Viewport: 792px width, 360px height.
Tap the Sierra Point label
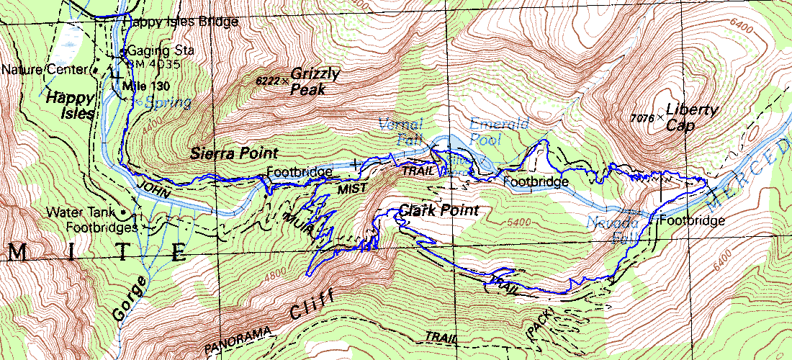coord(234,153)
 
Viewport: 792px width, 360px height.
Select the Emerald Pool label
coord(495,129)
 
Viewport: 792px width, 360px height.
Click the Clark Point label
coord(438,211)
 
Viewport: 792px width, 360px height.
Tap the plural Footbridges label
coord(101,227)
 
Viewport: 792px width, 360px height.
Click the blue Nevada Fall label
coord(611,228)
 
